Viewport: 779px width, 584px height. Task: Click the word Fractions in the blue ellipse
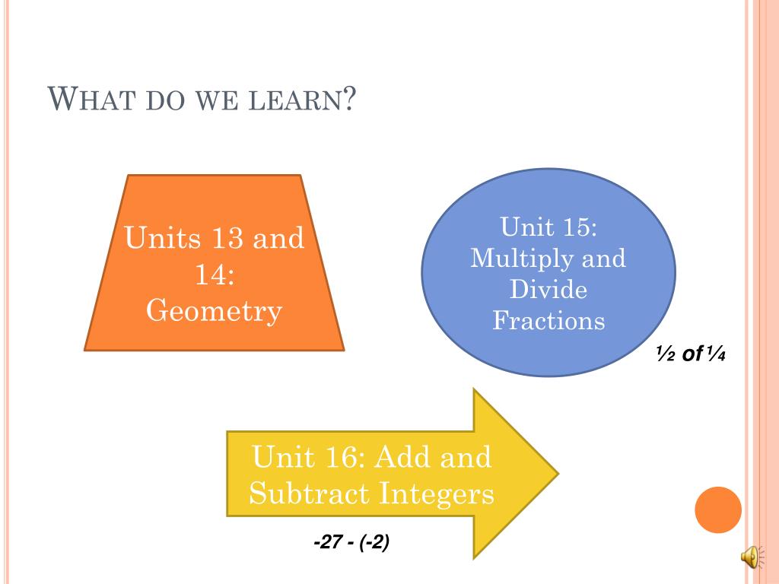click(x=548, y=320)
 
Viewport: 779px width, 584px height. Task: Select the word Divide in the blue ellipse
click(x=548, y=289)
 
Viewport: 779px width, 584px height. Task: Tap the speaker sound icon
click(x=750, y=557)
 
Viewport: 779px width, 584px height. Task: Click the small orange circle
click(x=718, y=509)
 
